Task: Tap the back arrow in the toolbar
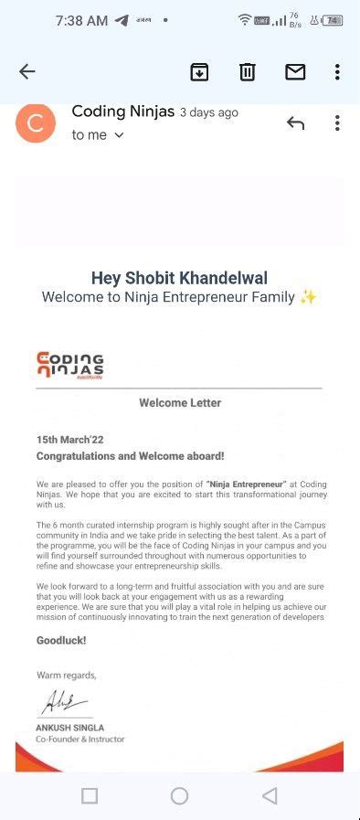(x=26, y=72)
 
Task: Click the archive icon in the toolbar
(x=199, y=72)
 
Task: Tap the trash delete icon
(x=247, y=72)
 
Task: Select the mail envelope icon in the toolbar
(x=294, y=72)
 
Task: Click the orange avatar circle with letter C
(x=36, y=123)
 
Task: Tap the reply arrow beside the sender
(x=294, y=123)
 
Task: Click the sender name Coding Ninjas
(x=122, y=112)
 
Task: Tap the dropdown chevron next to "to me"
(x=119, y=135)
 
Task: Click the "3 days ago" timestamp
(x=208, y=113)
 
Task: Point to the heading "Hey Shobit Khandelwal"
(x=179, y=278)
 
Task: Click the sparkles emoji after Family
(x=308, y=297)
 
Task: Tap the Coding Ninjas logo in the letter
(x=70, y=364)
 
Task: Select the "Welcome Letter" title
(x=180, y=402)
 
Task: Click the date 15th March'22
(x=69, y=440)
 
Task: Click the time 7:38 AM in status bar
(x=81, y=20)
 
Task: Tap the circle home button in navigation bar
(x=179, y=795)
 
